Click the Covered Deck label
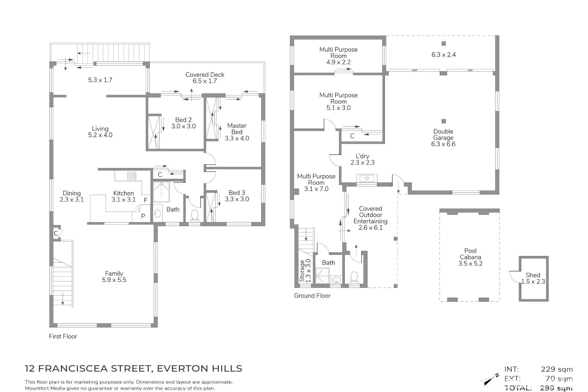[x=205, y=75]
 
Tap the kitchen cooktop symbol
[x=132, y=176]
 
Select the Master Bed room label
[x=237, y=129]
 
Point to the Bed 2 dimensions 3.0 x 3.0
[x=183, y=126]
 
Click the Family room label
[x=114, y=273]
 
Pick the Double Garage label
[x=443, y=134]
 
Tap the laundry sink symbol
[x=367, y=178]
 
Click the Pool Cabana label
[x=470, y=254]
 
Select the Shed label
[x=533, y=275]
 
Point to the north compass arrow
[x=491, y=380]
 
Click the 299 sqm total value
[x=556, y=388]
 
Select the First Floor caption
[x=63, y=336]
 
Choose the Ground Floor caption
[x=312, y=296]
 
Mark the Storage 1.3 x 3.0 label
[x=305, y=271]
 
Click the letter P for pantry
[x=143, y=216]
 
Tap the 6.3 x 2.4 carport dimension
[x=443, y=55]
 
